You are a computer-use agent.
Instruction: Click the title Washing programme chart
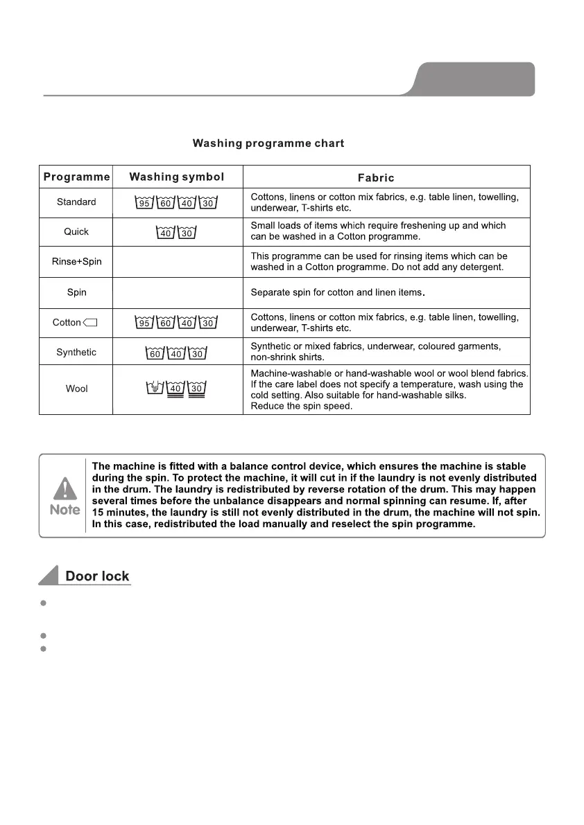coord(268,144)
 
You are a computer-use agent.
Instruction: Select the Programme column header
coord(76,177)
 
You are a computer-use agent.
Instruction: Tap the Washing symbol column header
coord(177,177)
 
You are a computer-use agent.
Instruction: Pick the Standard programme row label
coord(76,202)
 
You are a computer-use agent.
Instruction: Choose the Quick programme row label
coord(76,231)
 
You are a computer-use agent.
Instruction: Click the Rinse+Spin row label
coord(76,262)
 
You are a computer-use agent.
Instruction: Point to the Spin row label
coord(76,292)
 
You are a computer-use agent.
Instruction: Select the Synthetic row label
coord(76,353)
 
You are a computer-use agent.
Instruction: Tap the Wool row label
coord(76,389)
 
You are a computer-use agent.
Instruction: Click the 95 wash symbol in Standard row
coord(144,203)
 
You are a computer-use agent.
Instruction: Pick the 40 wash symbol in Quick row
coord(166,233)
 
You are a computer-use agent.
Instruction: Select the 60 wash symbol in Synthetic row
coord(155,354)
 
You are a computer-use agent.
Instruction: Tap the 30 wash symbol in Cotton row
coord(207,323)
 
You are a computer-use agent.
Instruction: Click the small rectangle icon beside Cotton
coord(90,323)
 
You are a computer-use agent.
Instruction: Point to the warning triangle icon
coord(65,488)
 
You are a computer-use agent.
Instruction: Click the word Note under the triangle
coord(65,510)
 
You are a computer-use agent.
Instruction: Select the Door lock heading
coord(97,576)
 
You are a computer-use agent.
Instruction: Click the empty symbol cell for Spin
coord(177,292)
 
